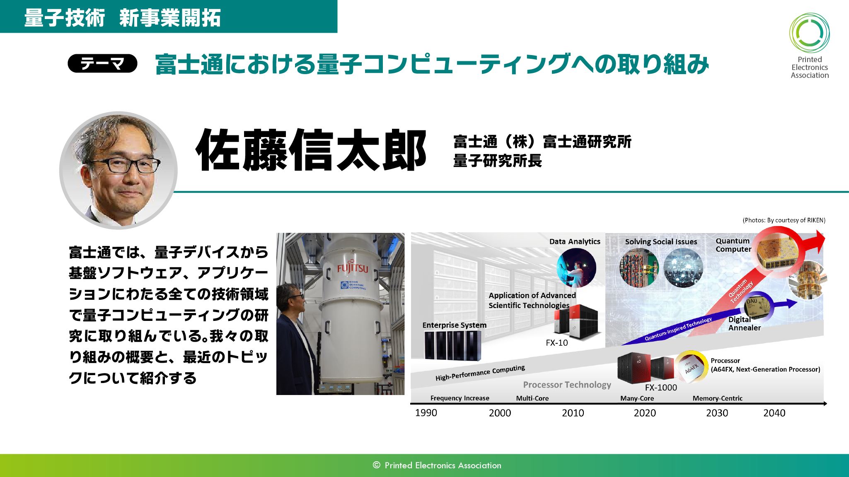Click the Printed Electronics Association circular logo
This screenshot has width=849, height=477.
(809, 33)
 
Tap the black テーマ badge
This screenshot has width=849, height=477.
(102, 63)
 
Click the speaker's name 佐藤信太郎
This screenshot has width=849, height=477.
(311, 150)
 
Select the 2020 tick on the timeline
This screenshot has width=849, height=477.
(645, 413)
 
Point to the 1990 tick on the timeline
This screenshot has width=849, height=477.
(426, 413)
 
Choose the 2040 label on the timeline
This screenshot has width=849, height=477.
(774, 413)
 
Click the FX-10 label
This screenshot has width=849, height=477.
(556, 343)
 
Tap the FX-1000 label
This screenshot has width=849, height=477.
(661, 388)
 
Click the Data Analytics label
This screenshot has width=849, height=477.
(575, 241)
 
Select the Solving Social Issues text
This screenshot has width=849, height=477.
(661, 242)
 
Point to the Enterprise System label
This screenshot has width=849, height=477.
(455, 325)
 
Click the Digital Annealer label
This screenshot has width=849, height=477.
(745, 323)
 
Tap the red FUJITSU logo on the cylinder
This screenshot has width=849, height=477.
(353, 268)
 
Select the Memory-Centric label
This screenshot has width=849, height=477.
(717, 398)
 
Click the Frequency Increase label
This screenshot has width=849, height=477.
(460, 398)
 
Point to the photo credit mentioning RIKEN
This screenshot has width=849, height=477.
(784, 220)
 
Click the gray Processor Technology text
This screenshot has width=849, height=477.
(567, 385)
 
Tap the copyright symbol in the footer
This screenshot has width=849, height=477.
(376, 465)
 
